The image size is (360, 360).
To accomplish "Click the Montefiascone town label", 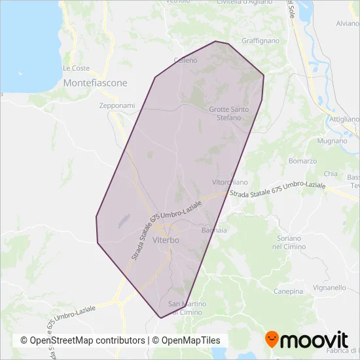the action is click(96, 83).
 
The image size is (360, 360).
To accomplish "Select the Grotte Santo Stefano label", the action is click(234, 113).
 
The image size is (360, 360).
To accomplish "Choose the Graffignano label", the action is click(260, 41).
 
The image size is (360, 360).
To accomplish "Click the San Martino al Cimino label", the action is click(189, 308).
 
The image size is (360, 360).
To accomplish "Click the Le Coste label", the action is click(76, 68).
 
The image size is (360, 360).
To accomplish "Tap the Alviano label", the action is click(347, 24).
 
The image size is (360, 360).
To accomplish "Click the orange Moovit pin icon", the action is click(272, 339).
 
